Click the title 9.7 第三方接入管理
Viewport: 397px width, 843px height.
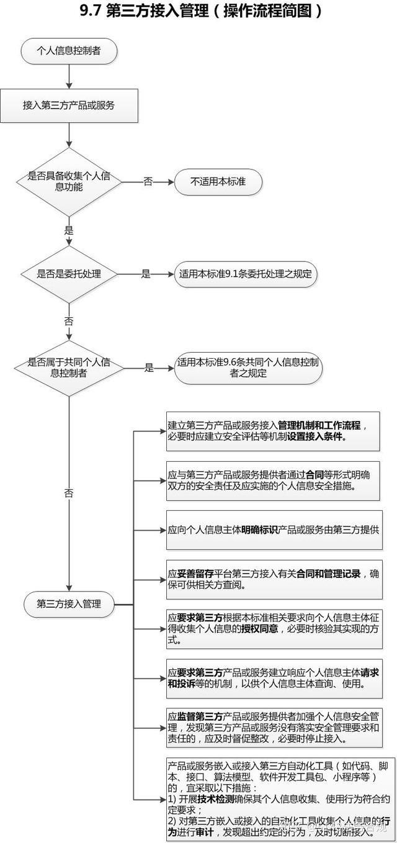click(198, 11)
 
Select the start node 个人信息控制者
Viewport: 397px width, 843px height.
click(69, 52)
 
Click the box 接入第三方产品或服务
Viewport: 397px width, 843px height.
click(69, 105)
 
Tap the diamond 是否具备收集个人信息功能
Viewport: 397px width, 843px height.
click(69, 181)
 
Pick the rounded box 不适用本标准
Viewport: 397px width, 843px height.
click(218, 181)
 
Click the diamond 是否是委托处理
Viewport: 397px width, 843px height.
click(69, 274)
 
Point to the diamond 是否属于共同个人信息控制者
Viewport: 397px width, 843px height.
click(69, 367)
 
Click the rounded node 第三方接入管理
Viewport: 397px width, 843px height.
click(69, 603)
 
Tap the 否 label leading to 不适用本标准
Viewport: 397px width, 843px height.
click(148, 182)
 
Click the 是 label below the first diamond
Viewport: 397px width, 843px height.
click(69, 230)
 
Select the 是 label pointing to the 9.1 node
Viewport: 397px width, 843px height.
click(146, 274)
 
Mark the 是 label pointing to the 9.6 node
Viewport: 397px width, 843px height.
click(149, 367)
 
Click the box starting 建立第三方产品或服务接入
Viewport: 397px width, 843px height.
click(273, 431)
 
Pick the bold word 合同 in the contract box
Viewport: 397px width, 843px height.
click(315, 475)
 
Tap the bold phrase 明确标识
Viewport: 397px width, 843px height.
click(259, 530)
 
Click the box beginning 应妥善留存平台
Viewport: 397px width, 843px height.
click(273, 579)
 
